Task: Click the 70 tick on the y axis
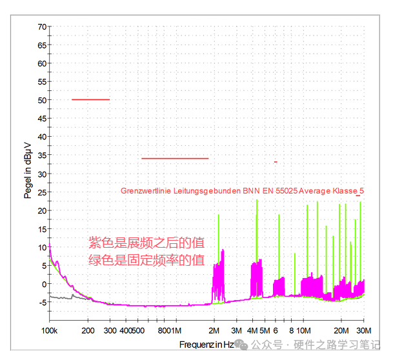tap(42, 27)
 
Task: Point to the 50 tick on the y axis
tap(42, 100)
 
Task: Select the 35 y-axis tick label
tap(42, 155)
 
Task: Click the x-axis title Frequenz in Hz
tap(207, 345)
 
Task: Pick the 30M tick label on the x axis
tap(364, 331)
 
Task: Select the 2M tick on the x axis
tap(214, 331)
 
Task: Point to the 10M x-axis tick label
tap(303, 331)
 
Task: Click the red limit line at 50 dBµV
tap(90, 99)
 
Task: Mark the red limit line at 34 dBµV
tap(175, 158)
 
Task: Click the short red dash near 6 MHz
tap(276, 162)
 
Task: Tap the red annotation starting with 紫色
tap(146, 243)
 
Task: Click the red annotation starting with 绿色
tap(146, 261)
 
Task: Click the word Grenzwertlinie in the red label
tap(145, 191)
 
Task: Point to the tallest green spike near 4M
tap(257, 201)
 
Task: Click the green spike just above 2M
tap(219, 216)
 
